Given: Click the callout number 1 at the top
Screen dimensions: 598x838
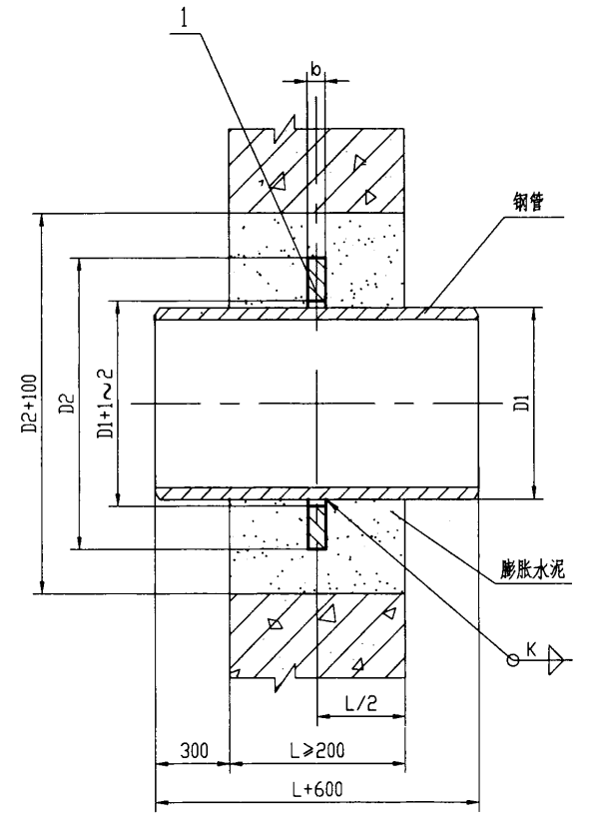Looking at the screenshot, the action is [x=185, y=19].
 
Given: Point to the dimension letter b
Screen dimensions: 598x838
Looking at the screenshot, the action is [x=316, y=69].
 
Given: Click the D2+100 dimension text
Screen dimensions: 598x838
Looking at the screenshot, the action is [x=30, y=405].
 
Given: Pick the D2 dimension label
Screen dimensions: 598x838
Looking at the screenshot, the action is [x=68, y=403].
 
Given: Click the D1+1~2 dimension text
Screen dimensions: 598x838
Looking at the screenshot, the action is [x=105, y=404].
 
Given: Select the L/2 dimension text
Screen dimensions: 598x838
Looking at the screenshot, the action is [x=361, y=703].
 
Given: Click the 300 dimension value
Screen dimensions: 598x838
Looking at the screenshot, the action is [x=194, y=751].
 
